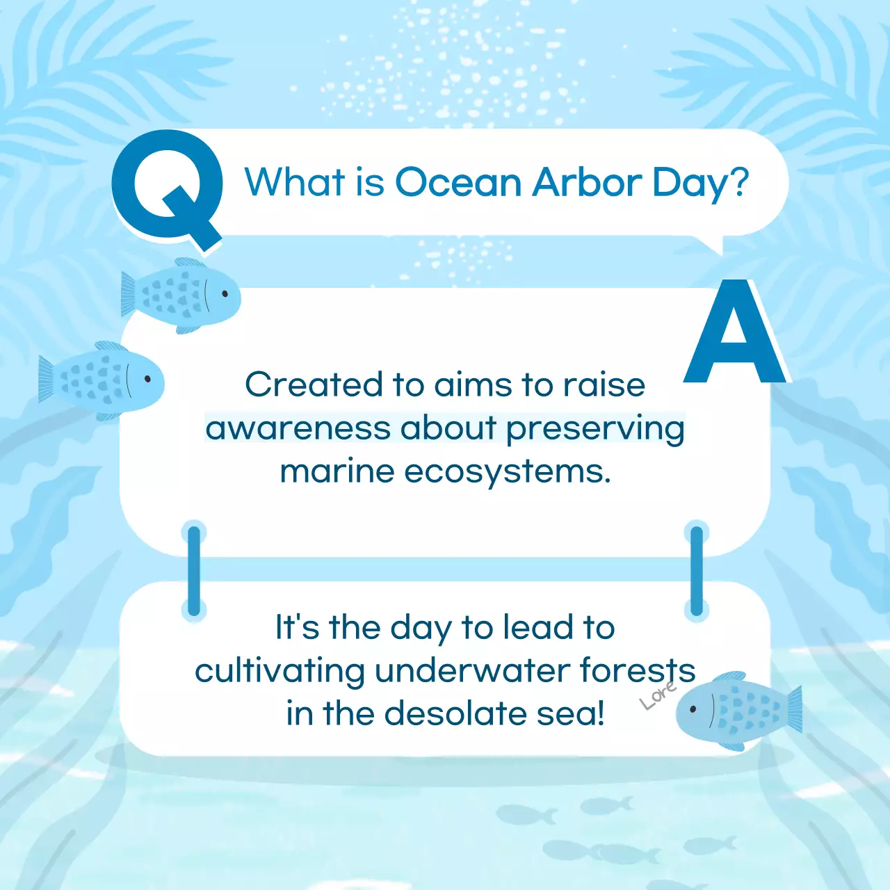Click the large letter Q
pyautogui.click(x=166, y=187)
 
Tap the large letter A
pyautogui.click(x=734, y=331)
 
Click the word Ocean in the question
pyautogui.click(x=458, y=181)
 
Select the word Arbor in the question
pyautogui.click(x=587, y=181)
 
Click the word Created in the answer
pyautogui.click(x=314, y=385)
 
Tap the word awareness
pyautogui.click(x=298, y=428)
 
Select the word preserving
pyautogui.click(x=595, y=430)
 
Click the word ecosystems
pyautogui.click(x=508, y=473)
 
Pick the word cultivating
pyautogui.click(x=280, y=672)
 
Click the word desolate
pyautogui.click(x=455, y=713)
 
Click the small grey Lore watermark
pyautogui.click(x=658, y=695)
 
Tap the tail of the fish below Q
pyautogui.click(x=129, y=293)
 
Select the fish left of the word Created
pyautogui.click(x=102, y=380)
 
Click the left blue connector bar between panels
pyautogui.click(x=194, y=572)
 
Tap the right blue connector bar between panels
pyautogui.click(x=697, y=572)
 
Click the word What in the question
pyautogui.click(x=295, y=181)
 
